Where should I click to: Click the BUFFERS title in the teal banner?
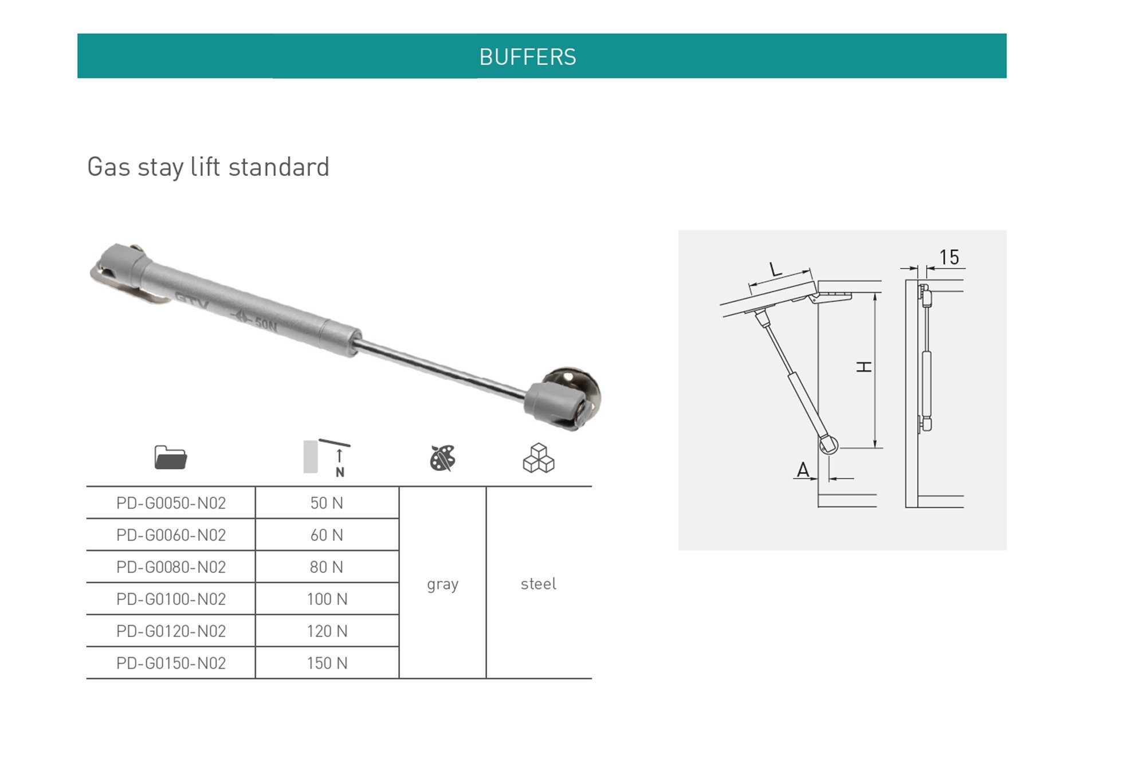coord(528,57)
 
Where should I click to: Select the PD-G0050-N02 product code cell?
coord(171,503)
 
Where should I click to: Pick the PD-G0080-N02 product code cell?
coord(171,567)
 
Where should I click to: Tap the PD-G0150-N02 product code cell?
coord(171,663)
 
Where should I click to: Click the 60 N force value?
coord(327,535)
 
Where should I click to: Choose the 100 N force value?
coord(327,599)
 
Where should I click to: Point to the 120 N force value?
coord(327,631)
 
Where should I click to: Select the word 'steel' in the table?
coord(538,584)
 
